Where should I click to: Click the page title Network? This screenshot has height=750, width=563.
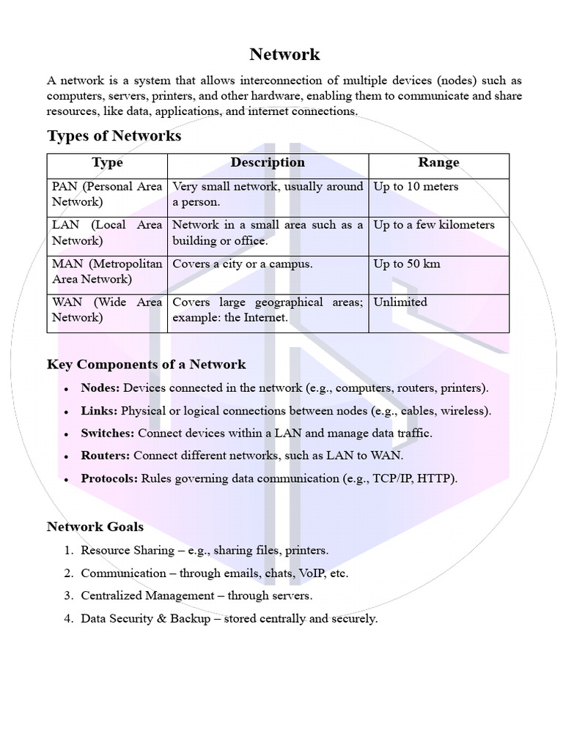point(284,54)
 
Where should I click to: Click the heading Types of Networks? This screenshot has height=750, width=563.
point(114,136)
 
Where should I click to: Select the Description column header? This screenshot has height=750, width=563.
point(268,163)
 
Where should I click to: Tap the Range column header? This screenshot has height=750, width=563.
point(438,163)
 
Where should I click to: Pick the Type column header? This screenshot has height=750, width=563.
point(107,163)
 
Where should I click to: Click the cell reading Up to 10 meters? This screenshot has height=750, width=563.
point(416,187)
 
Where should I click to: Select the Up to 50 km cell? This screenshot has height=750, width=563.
point(407,264)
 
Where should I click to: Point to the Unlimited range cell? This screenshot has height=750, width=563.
point(400,302)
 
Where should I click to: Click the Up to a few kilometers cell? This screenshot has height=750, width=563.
point(434,225)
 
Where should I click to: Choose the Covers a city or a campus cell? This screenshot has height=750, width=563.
point(243,264)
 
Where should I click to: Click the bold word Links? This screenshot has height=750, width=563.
point(99,411)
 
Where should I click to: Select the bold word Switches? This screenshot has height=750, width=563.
point(107,433)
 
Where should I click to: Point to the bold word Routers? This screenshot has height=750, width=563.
point(105,456)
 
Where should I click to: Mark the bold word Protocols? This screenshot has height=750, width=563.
point(109,478)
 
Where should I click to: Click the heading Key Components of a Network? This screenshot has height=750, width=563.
point(146,365)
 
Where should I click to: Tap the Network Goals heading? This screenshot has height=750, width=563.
point(95,527)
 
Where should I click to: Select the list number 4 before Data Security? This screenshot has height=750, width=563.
point(67,619)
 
